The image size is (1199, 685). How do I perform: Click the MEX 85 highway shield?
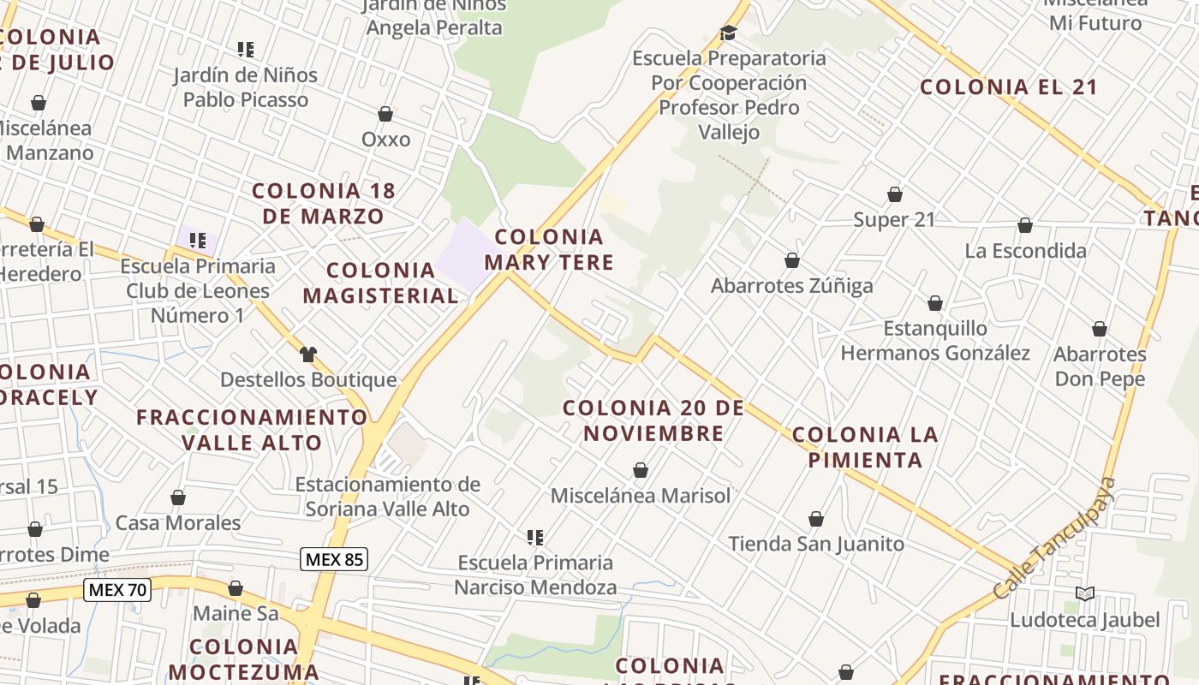click(x=334, y=560)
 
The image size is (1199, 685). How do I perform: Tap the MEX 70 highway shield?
click(x=117, y=589)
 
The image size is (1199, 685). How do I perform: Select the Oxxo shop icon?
click(x=385, y=114)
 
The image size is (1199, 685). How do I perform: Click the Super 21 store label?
click(x=894, y=219)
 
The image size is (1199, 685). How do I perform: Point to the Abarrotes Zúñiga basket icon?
click(x=792, y=260)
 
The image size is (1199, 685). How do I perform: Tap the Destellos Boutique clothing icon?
click(x=308, y=354)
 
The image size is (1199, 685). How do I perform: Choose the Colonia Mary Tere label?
click(x=549, y=249)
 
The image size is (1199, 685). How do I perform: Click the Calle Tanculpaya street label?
click(x=1056, y=538)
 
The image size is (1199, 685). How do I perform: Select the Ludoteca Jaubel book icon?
click(x=1084, y=593)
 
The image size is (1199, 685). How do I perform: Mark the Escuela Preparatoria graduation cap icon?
click(x=728, y=33)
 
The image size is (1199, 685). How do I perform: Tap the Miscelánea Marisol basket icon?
click(x=640, y=470)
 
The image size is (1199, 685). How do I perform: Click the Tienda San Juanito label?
click(x=816, y=544)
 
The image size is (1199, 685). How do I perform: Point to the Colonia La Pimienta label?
click(x=865, y=447)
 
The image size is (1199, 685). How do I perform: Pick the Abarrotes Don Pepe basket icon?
click(x=1100, y=329)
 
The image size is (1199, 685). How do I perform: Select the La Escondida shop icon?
click(x=1025, y=225)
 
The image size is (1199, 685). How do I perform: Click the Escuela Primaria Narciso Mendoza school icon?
click(x=535, y=538)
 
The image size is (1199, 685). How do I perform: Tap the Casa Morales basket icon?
click(x=178, y=497)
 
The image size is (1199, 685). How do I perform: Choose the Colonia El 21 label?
click(x=1009, y=86)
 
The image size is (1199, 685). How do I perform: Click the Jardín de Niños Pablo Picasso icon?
click(x=246, y=50)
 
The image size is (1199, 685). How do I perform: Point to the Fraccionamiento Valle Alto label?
click(x=252, y=430)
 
